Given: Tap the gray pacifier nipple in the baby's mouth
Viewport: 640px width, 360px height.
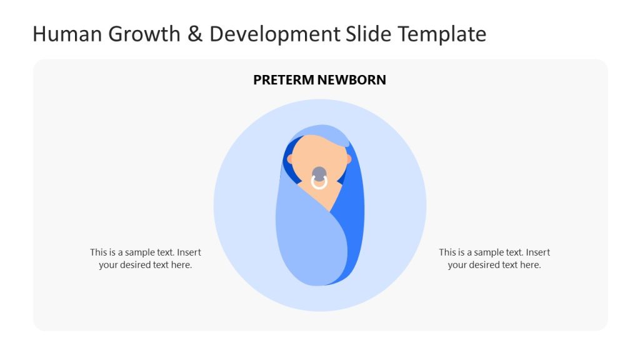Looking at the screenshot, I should tap(319, 174).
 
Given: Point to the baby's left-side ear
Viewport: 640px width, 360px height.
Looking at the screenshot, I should tap(290, 159).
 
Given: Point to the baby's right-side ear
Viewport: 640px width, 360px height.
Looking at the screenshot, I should tap(349, 159).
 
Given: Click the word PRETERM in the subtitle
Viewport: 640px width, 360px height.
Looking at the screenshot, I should tap(283, 80).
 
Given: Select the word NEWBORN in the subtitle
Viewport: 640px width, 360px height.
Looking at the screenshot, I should tap(352, 80).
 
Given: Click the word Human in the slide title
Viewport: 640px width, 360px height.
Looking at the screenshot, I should tap(68, 34).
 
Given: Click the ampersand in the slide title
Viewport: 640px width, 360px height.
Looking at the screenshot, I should tap(196, 34).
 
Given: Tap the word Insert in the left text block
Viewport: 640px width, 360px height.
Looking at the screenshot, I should tap(189, 252).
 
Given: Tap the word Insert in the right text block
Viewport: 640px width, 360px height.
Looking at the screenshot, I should tap(537, 252).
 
